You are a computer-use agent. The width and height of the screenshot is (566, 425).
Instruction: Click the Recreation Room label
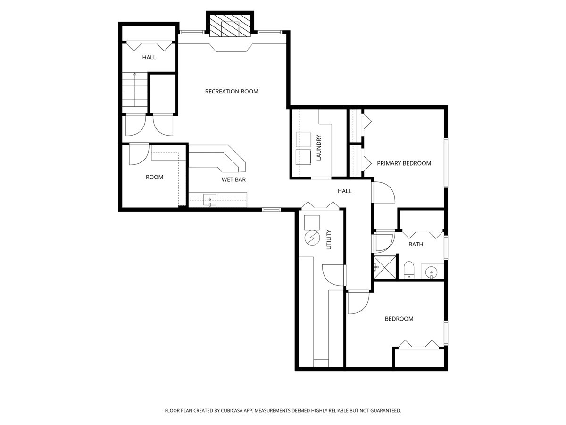(232, 91)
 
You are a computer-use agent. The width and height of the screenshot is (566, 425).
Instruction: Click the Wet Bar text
(233, 179)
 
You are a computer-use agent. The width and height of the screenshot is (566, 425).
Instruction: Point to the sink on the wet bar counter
(210, 200)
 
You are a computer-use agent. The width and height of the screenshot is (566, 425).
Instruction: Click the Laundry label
(319, 148)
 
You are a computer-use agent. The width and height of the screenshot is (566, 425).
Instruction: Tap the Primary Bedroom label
(404, 163)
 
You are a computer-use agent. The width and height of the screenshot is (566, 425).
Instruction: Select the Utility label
(329, 240)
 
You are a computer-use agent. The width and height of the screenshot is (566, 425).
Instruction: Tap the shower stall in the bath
(385, 267)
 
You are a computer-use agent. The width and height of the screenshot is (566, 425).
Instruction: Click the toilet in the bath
(409, 270)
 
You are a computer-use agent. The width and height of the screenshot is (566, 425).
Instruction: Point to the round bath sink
(431, 272)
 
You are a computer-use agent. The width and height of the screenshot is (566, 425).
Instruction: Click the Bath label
(416, 244)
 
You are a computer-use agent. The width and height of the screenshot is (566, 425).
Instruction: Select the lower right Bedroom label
(399, 319)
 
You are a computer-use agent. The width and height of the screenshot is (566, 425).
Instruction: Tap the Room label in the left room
(154, 177)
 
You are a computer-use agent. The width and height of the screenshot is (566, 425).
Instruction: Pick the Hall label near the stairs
(149, 58)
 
